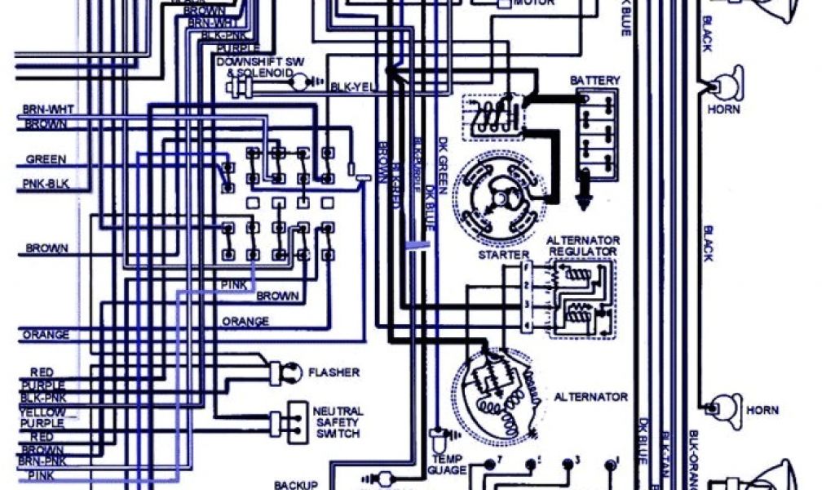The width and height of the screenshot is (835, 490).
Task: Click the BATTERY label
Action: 594,81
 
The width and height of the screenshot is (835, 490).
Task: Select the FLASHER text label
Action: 334,372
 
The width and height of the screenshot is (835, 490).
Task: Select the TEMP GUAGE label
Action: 447,465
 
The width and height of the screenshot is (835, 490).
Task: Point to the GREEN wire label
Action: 46,159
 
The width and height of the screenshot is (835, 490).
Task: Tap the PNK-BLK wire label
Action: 46,185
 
